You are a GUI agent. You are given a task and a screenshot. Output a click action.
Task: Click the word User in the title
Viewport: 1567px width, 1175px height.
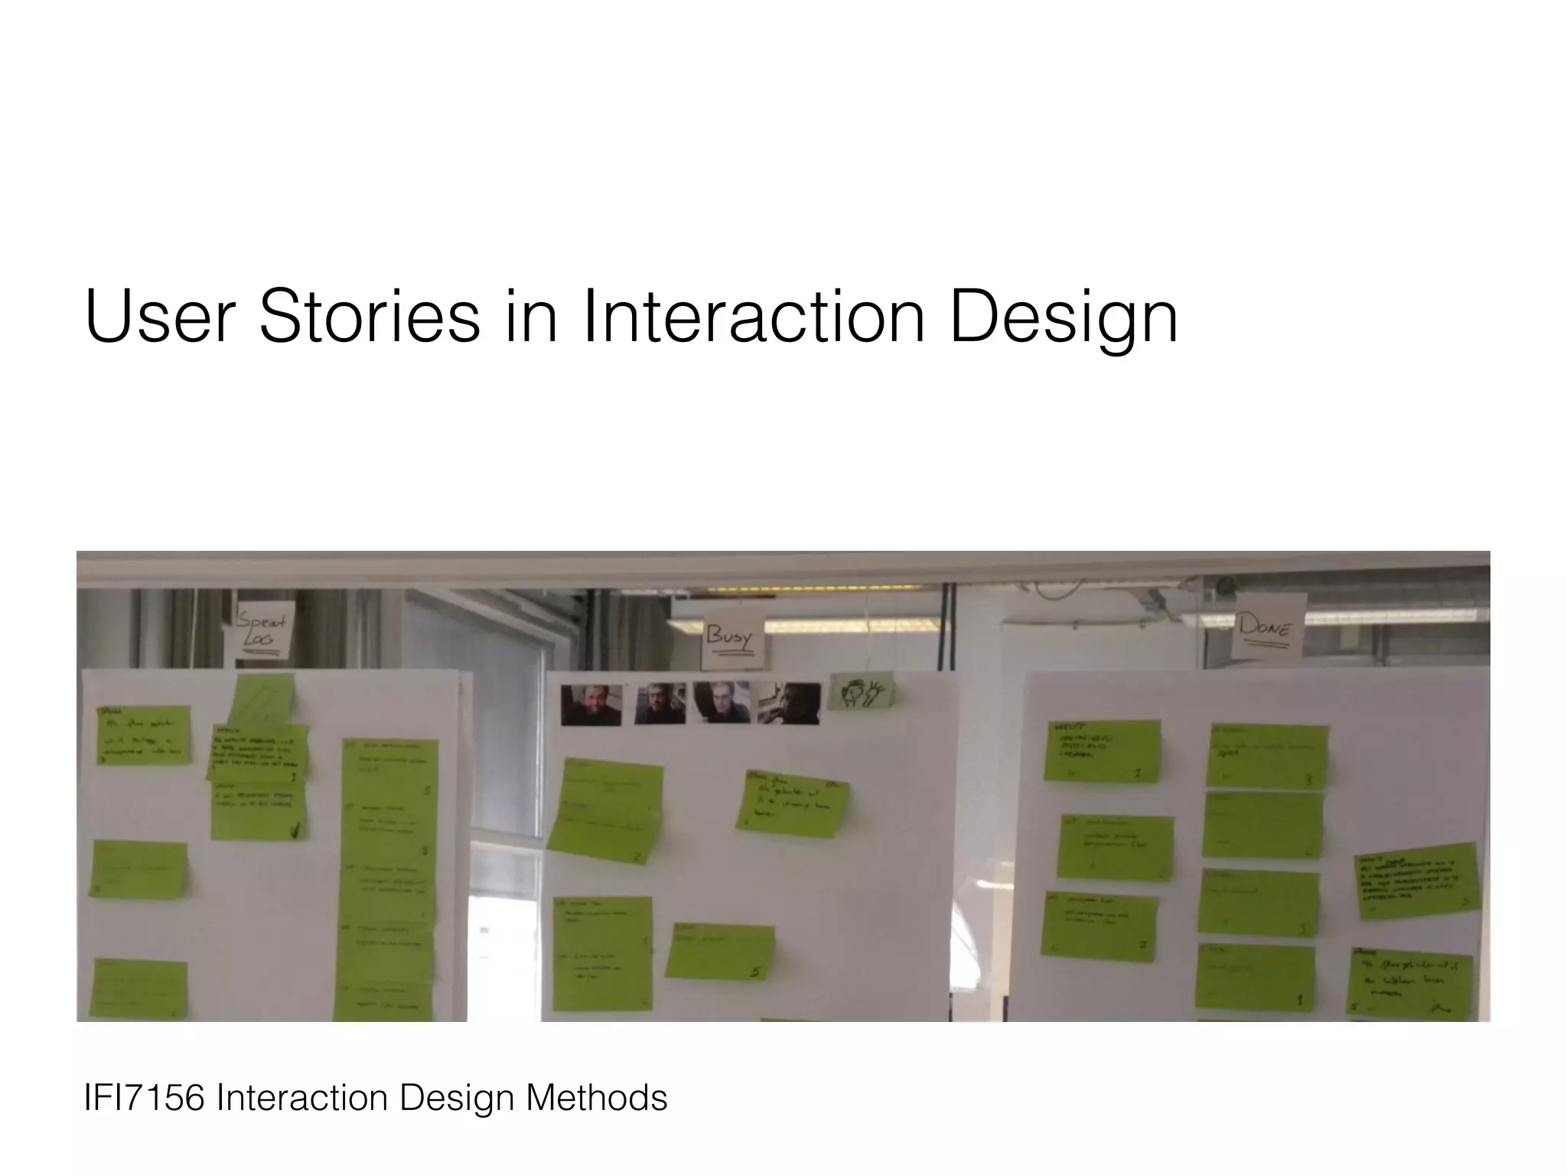click(158, 315)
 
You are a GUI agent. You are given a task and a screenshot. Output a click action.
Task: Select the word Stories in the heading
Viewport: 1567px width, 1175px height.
click(370, 315)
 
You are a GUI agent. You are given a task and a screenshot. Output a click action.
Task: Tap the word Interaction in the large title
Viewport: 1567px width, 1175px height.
click(753, 315)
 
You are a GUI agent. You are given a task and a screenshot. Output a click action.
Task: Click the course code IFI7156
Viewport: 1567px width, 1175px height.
click(144, 1098)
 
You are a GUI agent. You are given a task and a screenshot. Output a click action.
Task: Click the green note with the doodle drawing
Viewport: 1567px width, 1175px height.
click(862, 692)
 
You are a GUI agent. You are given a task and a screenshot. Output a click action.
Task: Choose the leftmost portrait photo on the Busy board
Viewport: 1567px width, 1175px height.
click(591, 705)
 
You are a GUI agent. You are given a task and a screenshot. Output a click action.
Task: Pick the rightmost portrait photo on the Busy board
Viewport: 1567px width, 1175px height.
click(789, 704)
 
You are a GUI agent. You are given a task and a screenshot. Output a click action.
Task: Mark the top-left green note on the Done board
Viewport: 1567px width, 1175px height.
click(1103, 751)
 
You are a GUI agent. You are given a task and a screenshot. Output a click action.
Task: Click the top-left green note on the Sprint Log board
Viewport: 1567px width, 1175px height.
click(142, 734)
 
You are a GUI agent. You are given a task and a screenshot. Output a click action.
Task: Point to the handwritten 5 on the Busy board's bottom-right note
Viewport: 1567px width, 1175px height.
click(755, 972)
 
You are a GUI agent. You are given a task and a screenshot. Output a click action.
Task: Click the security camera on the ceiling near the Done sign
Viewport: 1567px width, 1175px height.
click(1225, 587)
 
